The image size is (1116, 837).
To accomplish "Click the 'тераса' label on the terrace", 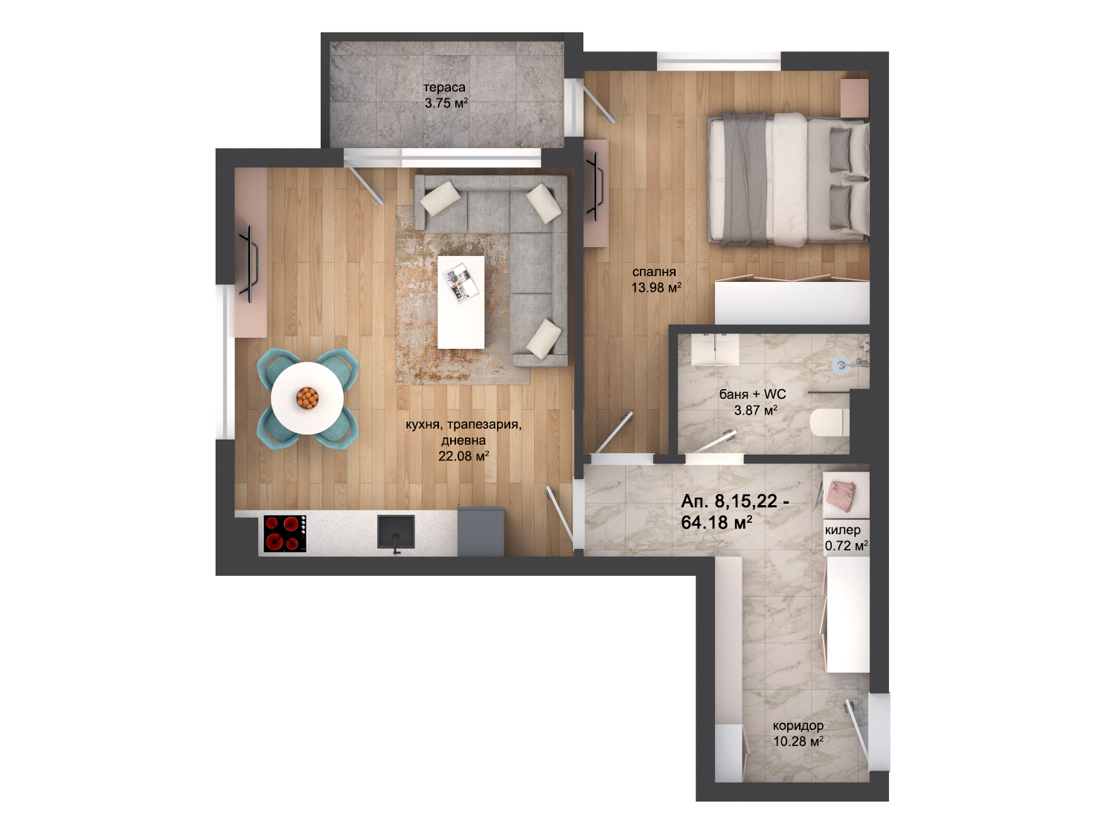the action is [x=444, y=87].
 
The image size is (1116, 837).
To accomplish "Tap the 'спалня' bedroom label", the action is [x=654, y=272].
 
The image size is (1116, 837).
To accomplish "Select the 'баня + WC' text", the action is [x=752, y=394].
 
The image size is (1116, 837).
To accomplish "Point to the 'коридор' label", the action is [x=798, y=725].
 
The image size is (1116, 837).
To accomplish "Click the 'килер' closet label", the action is [x=842, y=530].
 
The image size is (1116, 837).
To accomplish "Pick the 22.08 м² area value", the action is [x=464, y=456].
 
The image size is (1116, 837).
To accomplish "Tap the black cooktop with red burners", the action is [x=285, y=533].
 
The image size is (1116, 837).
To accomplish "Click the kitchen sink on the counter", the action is [x=396, y=532].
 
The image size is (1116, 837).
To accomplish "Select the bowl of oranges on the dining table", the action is [x=307, y=397].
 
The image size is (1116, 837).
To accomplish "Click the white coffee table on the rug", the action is [x=461, y=302].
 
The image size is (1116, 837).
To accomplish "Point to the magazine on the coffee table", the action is [x=461, y=283].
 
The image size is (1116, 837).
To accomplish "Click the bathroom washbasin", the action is [x=715, y=349].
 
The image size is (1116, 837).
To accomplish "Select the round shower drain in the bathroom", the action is [x=841, y=364].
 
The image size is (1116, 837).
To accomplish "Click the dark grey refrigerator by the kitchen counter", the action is [x=481, y=530].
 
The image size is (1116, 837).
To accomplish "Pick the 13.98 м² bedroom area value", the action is [x=656, y=288].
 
